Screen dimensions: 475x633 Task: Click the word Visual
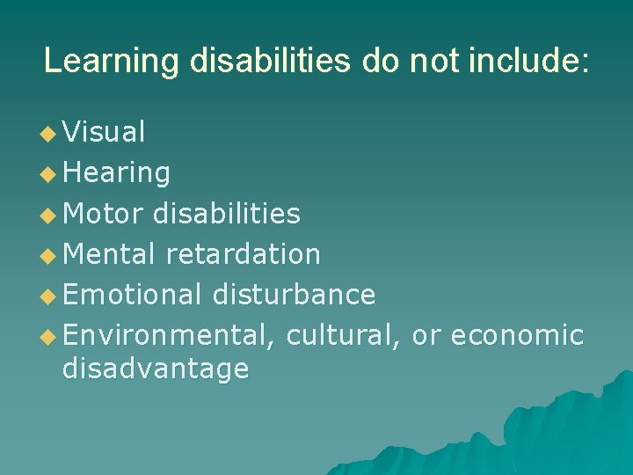[104, 133]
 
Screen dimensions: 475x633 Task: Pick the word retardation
[243, 254]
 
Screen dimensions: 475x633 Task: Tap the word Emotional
[132, 295]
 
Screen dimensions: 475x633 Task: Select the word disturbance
[294, 295]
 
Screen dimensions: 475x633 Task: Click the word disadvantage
[156, 369]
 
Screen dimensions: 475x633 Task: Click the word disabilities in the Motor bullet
[226, 214]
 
